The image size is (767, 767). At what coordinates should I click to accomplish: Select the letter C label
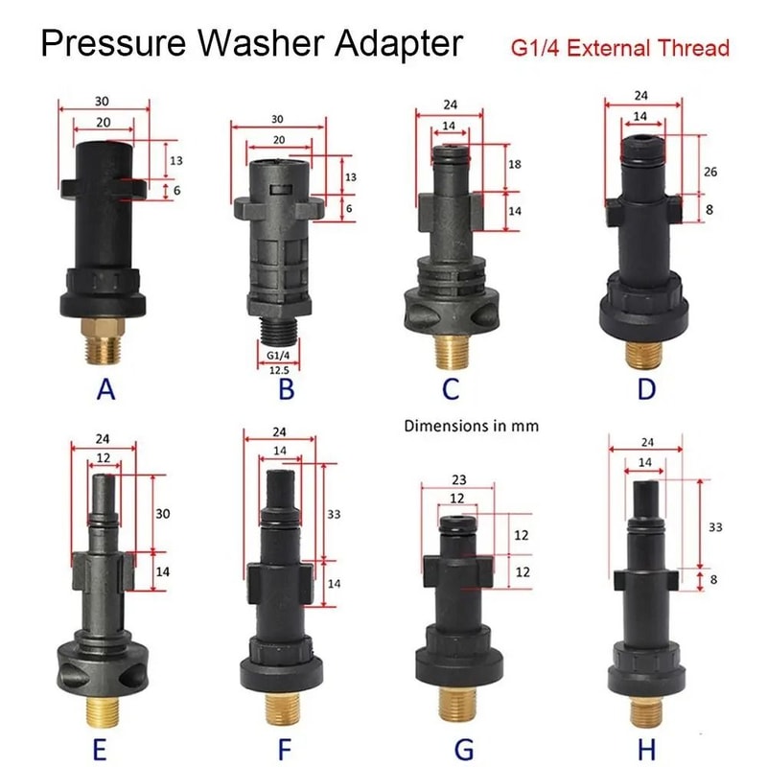pyautogui.click(x=452, y=387)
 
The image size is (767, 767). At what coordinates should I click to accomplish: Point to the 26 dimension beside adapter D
pyautogui.click(x=710, y=171)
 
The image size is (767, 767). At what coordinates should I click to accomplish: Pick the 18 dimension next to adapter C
pyautogui.click(x=514, y=164)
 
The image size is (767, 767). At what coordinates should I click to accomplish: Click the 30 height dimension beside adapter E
pyautogui.click(x=163, y=514)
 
